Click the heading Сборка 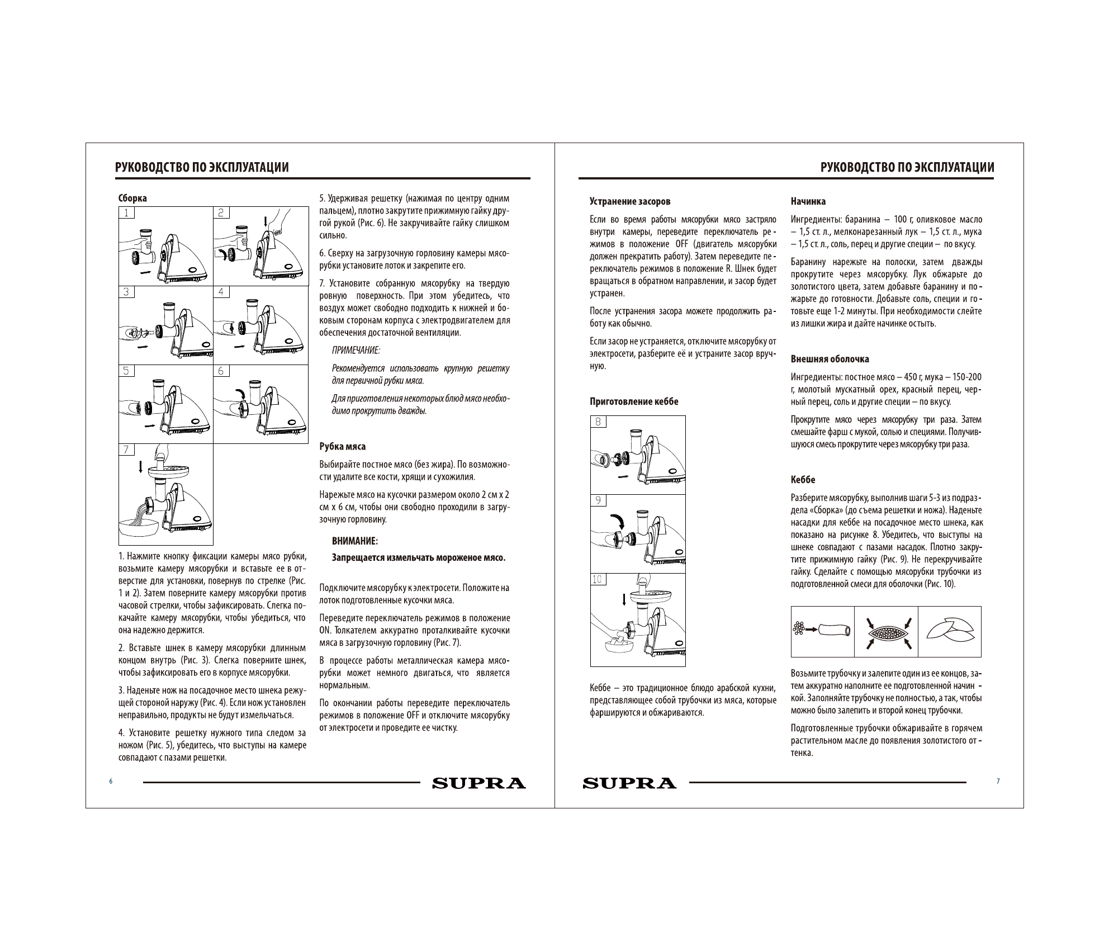[x=132, y=198]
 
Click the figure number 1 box [x=126, y=212]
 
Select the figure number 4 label [x=221, y=292]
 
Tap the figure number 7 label [x=126, y=450]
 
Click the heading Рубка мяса [x=342, y=447]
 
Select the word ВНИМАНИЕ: [x=355, y=541]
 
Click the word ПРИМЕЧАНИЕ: [x=356, y=351]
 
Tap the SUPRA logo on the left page [x=478, y=783]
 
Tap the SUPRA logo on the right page [x=629, y=783]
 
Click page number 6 [x=111, y=782]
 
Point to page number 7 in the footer [x=998, y=782]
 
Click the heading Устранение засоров [x=630, y=201]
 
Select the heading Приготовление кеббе [x=634, y=401]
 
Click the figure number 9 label [x=598, y=500]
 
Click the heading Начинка [x=808, y=201]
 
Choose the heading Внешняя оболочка [x=830, y=359]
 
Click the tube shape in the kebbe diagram [x=833, y=631]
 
